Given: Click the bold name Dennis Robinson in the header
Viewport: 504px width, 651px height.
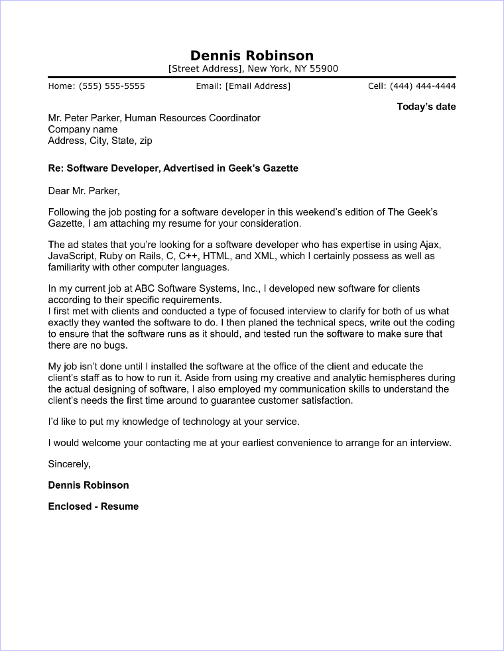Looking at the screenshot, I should click(251, 56).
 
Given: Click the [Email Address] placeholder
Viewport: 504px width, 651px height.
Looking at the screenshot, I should click(258, 86).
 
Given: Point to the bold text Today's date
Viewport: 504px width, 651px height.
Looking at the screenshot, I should click(426, 107).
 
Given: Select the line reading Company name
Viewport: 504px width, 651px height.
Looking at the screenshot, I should click(83, 129).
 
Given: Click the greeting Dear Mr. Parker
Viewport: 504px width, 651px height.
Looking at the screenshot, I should click(84, 191).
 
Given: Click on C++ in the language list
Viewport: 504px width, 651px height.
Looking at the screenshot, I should click(191, 256).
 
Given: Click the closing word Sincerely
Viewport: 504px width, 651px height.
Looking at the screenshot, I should click(69, 464).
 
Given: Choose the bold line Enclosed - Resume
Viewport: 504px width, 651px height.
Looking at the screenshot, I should click(94, 506).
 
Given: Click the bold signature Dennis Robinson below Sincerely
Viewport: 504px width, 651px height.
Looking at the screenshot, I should click(88, 485).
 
